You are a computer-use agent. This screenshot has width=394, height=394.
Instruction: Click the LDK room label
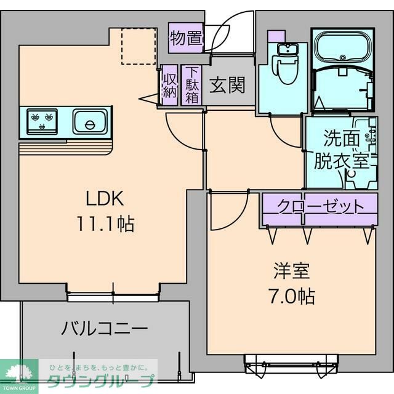105,198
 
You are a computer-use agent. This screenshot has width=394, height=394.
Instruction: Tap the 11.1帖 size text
105,223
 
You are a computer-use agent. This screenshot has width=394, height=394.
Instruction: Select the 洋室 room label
291,271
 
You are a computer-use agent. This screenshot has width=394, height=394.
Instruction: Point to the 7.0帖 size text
291,296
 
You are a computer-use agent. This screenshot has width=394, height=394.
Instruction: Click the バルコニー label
104,328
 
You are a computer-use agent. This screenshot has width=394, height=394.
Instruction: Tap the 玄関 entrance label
227,86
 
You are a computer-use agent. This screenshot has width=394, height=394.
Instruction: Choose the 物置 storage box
187,38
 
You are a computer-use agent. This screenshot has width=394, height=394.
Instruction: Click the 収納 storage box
169,85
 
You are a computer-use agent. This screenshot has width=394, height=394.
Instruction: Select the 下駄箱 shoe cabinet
192,85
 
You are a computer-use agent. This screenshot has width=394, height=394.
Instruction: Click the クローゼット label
318,206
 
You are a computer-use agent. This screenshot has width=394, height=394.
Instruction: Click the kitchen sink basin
90,121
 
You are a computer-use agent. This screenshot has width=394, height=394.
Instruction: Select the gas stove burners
42,120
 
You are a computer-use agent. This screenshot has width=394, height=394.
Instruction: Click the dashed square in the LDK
139,46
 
